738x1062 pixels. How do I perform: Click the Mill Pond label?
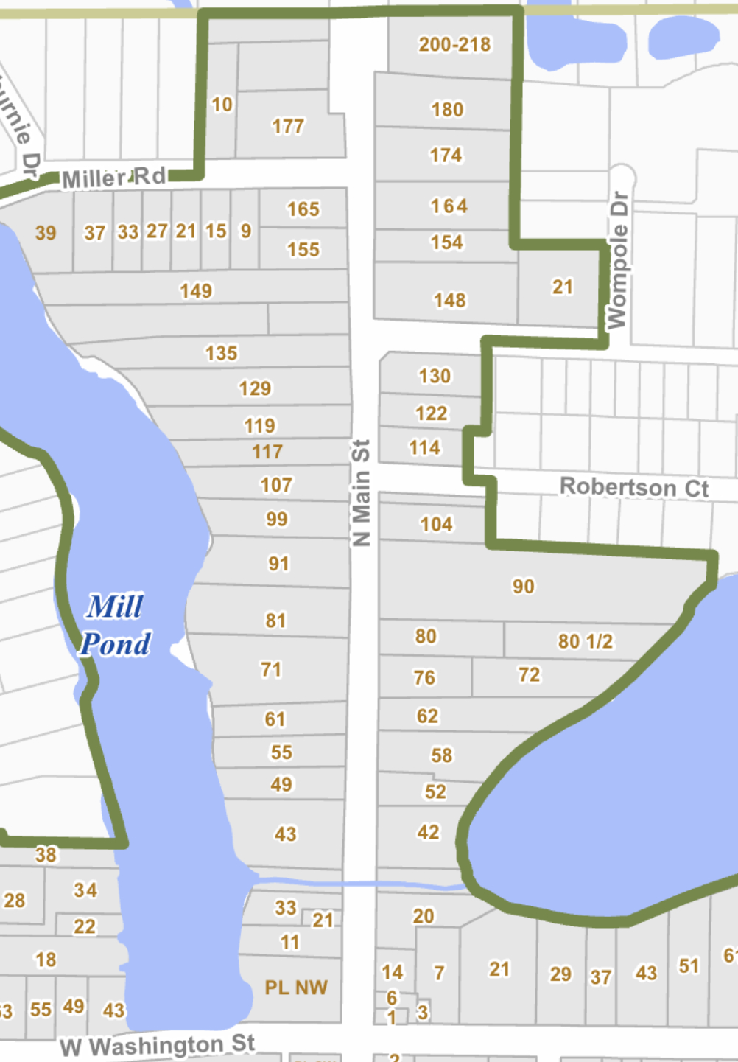tap(116, 625)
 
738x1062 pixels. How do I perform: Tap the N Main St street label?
tap(361, 492)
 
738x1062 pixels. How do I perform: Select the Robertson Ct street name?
tap(634, 487)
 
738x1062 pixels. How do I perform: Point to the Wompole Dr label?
tap(617, 260)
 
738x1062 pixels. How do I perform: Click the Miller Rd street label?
tap(114, 178)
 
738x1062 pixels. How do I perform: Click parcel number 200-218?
tap(454, 44)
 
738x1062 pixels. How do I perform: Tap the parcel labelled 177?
tap(287, 127)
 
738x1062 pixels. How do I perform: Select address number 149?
tap(196, 290)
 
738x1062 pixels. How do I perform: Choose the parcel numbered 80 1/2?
tap(585, 641)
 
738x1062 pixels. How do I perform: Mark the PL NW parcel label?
tap(296, 988)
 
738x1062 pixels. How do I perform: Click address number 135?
tap(221, 353)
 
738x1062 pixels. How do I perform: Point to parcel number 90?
tap(523, 586)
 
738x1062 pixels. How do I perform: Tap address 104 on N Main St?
tap(436, 524)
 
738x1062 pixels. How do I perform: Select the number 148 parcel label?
tap(449, 300)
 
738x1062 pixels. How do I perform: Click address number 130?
tap(435, 376)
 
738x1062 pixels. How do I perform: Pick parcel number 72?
tap(529, 674)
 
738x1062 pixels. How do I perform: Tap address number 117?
tap(267, 451)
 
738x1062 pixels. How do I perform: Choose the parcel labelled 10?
tap(222, 105)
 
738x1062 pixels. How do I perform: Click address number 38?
tap(46, 855)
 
